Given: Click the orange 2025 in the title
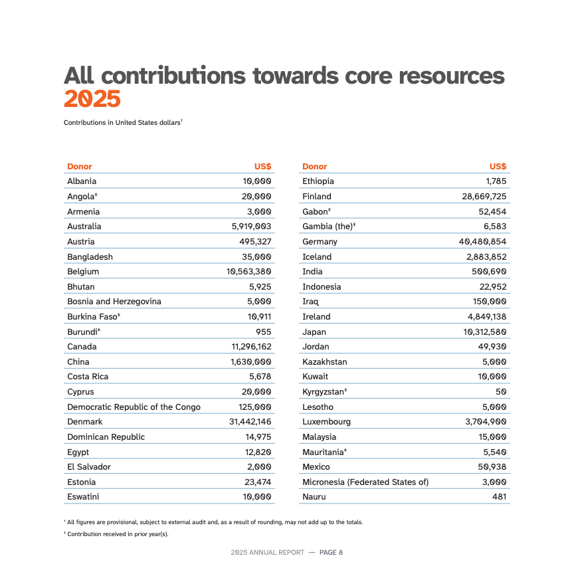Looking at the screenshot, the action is click(92, 99).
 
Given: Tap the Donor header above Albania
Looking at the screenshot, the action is click(80, 167).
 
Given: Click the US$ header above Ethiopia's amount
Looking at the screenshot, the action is click(498, 167).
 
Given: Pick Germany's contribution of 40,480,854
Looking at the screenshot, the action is click(482, 242).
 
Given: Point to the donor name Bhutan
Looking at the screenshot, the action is click(81, 286).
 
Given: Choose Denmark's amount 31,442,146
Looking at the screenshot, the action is click(250, 422).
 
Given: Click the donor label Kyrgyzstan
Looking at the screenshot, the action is click(324, 392).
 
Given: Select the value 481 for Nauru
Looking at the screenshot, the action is click(500, 497).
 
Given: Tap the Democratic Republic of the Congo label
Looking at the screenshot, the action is click(134, 407).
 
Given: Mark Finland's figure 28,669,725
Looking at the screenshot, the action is click(484, 197).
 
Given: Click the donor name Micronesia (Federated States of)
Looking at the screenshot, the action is click(365, 482).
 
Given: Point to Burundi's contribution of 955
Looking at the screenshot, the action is click(264, 332).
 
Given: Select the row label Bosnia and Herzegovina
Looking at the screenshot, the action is click(114, 301).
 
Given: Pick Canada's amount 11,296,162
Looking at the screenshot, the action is click(252, 347).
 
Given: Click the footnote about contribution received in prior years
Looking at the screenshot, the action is click(116, 534).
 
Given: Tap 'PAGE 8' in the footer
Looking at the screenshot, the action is click(331, 552).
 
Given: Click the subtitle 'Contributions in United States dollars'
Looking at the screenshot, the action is click(122, 123).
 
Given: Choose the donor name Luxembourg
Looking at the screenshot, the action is click(327, 422).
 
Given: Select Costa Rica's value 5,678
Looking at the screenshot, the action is click(260, 377).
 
